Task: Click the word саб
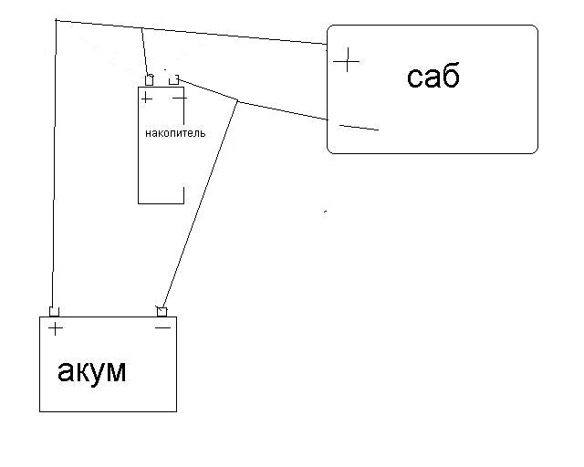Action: tap(433, 78)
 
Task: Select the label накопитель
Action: tap(175, 133)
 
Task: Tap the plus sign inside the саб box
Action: tap(347, 61)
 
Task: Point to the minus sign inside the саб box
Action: tap(358, 127)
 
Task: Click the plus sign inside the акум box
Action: tap(56, 328)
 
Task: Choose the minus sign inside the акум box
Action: tap(162, 327)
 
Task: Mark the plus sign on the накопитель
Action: tap(147, 98)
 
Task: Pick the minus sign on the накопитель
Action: tap(179, 96)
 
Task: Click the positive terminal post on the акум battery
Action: tap(54, 312)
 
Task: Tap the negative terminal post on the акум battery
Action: tap(162, 312)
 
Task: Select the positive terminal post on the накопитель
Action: tap(149, 80)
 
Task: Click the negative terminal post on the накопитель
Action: tap(173, 80)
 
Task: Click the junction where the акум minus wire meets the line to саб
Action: tap(238, 99)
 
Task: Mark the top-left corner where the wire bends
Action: tap(56, 19)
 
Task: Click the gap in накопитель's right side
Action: tap(183, 155)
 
